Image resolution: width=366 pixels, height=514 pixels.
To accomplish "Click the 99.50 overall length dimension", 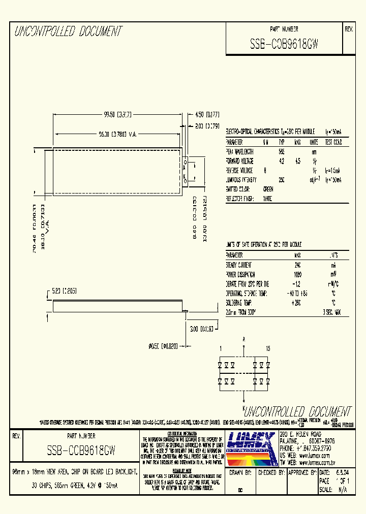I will point(117,115).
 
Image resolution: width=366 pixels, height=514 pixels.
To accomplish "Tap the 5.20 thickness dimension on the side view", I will point(64,291).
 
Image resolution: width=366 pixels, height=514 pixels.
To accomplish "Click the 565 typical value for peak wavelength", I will point(281,152).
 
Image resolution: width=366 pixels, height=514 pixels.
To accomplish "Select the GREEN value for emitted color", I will point(282,189).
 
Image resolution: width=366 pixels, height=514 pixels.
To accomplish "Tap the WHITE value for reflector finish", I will point(281,199).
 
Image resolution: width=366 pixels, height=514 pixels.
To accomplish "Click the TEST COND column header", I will point(333,143).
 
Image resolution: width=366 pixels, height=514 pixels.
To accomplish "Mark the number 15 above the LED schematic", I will point(268,348).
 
